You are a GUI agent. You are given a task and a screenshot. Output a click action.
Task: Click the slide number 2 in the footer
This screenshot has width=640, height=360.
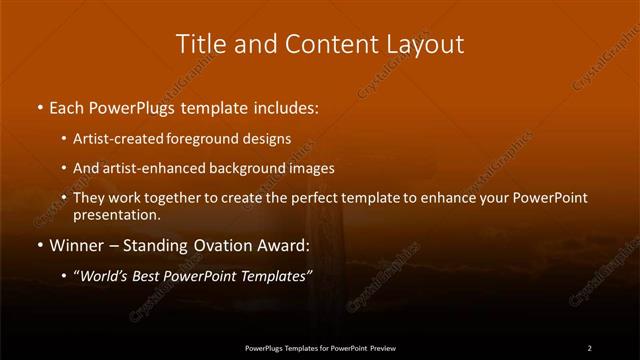tap(589, 347)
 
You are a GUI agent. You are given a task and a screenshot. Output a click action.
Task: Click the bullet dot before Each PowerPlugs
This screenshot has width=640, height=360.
tap(39, 105)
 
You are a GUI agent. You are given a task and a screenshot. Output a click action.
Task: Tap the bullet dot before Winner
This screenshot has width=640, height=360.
tap(39, 246)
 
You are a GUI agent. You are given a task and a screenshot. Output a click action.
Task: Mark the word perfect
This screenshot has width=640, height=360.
tap(308, 198)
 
